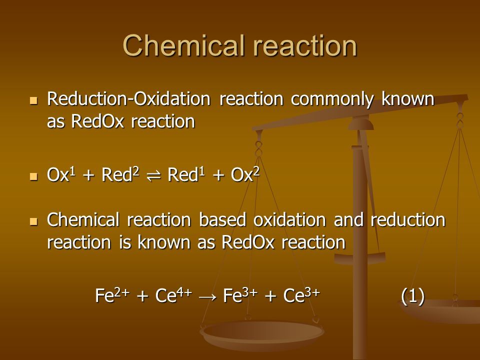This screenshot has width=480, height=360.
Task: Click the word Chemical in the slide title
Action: coord(184,45)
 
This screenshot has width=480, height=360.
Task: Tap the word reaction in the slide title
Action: coord(305,45)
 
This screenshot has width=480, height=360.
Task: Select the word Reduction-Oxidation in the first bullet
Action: coord(129,98)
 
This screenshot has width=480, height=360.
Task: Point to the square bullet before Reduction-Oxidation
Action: coord(33,100)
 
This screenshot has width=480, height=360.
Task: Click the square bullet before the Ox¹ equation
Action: coord(33,176)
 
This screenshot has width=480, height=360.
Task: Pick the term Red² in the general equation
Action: coord(120,174)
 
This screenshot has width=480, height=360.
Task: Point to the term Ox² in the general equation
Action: coord(245,174)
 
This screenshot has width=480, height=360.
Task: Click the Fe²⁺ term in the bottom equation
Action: coord(112,295)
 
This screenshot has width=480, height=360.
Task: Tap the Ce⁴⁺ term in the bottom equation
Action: coord(173,295)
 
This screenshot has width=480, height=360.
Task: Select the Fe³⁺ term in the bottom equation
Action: coord(240,295)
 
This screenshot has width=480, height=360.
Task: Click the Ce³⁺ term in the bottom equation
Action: coord(301,295)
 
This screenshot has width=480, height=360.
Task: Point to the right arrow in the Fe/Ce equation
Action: coord(207,297)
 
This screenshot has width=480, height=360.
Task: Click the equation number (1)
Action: coord(413,296)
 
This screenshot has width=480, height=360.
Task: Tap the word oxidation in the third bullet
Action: coord(289,220)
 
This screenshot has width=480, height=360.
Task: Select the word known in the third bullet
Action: coord(164,242)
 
